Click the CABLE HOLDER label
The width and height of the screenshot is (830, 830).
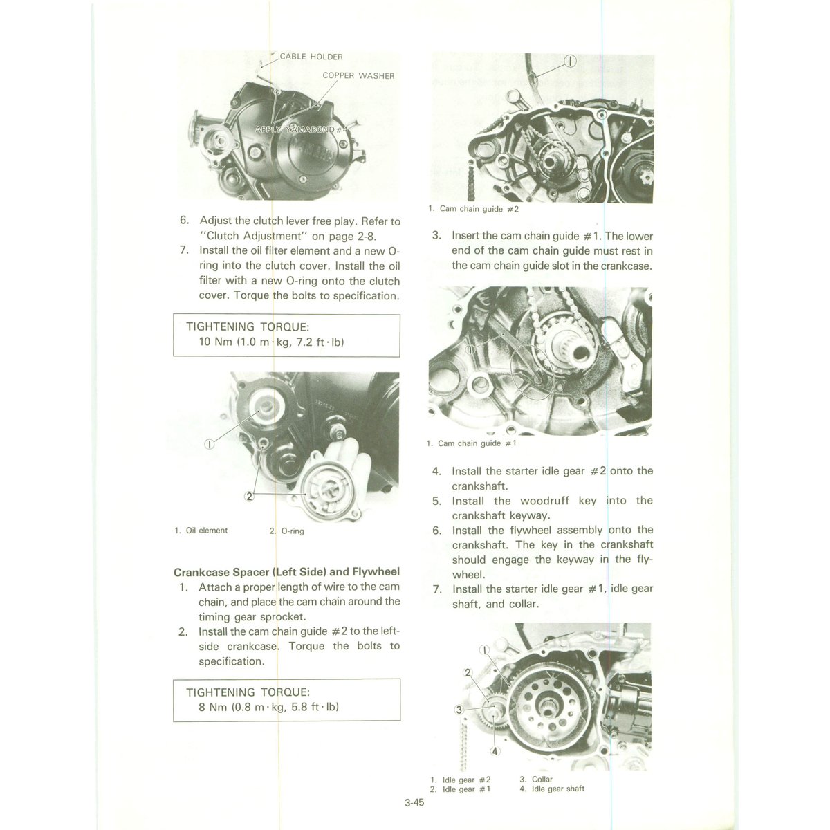click(311, 57)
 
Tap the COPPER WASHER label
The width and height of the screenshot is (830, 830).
click(358, 75)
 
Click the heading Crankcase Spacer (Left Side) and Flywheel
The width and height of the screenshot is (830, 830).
click(286, 572)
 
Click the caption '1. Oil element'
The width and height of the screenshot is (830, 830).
click(201, 531)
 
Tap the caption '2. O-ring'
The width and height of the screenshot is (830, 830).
click(286, 531)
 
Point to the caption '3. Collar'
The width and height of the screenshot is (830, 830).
click(536, 780)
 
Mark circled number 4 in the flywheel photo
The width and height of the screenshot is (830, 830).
click(495, 751)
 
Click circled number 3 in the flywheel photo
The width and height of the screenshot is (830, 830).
click(458, 710)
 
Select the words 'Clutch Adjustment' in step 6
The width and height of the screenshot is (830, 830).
click(259, 236)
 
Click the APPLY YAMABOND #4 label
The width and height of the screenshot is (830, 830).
click(303, 130)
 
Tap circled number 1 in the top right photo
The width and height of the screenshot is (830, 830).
click(569, 61)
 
